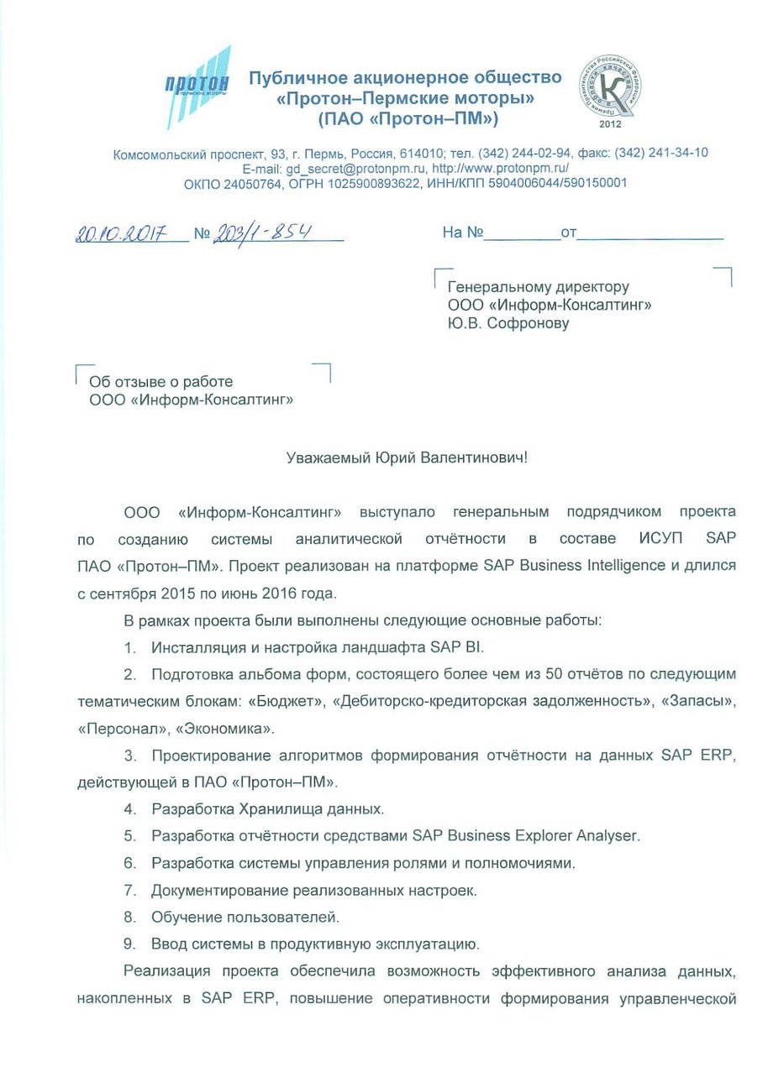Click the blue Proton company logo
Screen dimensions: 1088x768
coord(198,86)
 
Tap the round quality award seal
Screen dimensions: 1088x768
coord(612,87)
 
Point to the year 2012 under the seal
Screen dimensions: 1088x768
coord(611,124)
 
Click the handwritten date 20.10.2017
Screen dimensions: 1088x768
coord(123,233)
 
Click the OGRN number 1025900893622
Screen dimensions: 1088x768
coord(377,183)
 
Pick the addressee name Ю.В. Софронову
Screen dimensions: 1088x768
coord(508,322)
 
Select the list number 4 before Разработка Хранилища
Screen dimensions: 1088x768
coord(129,809)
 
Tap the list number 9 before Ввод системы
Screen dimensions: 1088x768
coord(129,944)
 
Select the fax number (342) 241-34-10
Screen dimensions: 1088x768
coord(660,153)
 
